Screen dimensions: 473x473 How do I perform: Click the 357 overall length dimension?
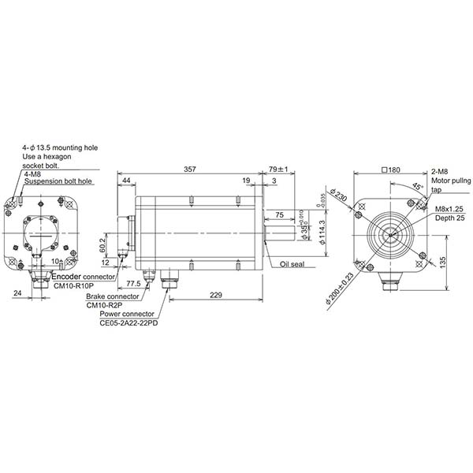click(189, 169)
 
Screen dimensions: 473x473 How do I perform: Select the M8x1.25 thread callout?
click(450, 208)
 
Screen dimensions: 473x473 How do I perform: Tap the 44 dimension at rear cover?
click(126, 181)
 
